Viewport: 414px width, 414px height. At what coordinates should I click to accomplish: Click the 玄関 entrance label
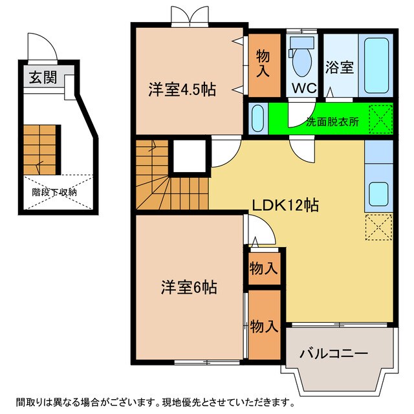(43, 78)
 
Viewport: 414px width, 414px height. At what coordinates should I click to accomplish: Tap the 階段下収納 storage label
(55, 192)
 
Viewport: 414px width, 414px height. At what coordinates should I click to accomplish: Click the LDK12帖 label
(285, 206)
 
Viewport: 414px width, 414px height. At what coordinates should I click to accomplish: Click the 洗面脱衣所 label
(331, 120)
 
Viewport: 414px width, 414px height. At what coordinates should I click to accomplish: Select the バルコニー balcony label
(334, 354)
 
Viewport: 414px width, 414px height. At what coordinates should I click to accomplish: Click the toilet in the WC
(301, 61)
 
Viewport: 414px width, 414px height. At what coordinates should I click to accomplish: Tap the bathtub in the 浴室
(376, 66)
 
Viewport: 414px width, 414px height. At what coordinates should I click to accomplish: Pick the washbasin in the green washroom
(257, 118)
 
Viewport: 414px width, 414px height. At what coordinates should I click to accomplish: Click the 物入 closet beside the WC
(263, 63)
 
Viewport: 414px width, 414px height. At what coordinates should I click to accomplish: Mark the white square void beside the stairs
(189, 157)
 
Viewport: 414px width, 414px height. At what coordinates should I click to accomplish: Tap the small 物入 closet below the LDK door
(263, 267)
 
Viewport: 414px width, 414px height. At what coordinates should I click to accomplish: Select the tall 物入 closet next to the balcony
(264, 326)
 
